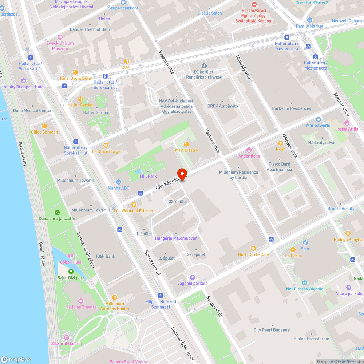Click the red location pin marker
point(182,174)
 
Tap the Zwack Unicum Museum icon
point(60,37)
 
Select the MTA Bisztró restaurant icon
point(187,144)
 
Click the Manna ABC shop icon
point(119,182)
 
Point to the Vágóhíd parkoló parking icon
point(192,277)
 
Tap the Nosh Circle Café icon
point(253,248)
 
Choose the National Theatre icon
point(81,301)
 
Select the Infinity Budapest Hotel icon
point(24,81)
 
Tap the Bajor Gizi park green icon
point(71,272)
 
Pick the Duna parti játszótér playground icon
point(57,213)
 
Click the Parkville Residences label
point(292,108)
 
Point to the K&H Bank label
point(106,256)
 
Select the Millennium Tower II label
point(76,181)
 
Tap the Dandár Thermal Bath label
point(90,29)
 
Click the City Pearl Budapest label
point(272,330)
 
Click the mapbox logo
point(16,359)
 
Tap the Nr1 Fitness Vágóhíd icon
point(305,283)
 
